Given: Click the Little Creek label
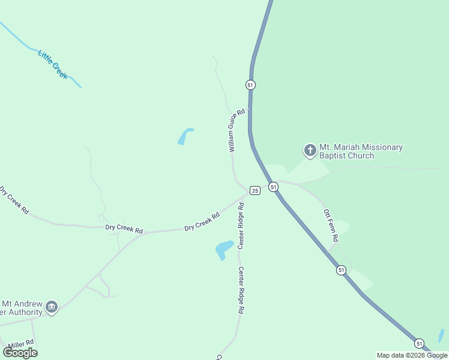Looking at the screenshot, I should click(x=53, y=64).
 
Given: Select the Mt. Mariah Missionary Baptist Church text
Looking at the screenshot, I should click(x=361, y=151).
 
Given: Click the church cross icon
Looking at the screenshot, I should click(x=310, y=150).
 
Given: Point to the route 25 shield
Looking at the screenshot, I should click(x=255, y=190).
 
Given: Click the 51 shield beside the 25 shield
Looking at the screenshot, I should click(x=274, y=187).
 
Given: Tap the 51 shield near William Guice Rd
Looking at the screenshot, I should click(x=250, y=85).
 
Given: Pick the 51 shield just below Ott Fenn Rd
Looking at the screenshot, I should click(x=341, y=270).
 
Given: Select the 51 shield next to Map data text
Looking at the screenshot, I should click(x=419, y=343).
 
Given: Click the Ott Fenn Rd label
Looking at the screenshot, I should click(x=331, y=226).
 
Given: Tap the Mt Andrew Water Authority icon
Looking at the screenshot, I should click(x=52, y=307).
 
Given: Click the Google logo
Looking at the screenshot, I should click(x=20, y=353).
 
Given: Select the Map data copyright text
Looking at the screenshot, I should click(x=412, y=355).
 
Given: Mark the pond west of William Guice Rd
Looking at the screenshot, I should click(x=184, y=137).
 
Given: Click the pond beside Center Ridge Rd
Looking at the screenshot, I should click(x=223, y=249).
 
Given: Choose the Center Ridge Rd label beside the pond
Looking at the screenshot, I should click(x=241, y=226).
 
